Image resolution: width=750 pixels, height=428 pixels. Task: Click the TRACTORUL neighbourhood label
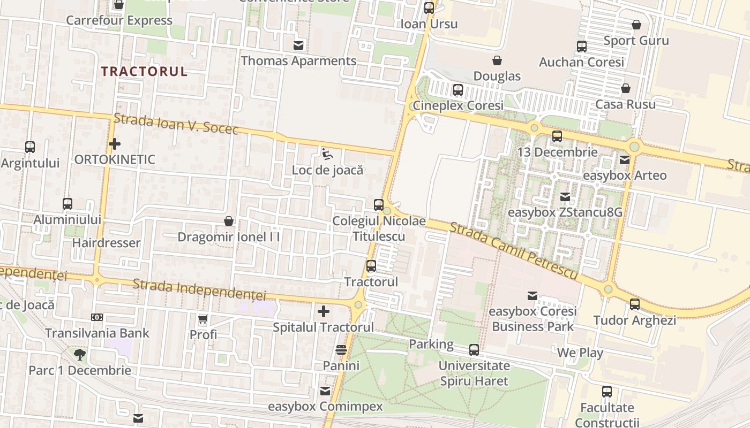click(144, 72)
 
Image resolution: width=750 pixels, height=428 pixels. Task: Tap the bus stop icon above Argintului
click(30, 147)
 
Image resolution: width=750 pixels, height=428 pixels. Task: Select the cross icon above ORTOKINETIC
click(114, 144)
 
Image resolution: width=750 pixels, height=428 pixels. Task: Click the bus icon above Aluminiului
click(67, 203)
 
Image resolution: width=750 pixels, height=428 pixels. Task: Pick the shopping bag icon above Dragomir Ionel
click(229, 221)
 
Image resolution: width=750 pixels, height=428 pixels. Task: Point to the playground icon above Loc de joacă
click(327, 154)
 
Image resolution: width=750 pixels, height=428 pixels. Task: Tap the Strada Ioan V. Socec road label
click(176, 124)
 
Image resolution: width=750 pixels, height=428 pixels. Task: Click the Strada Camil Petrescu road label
click(513, 251)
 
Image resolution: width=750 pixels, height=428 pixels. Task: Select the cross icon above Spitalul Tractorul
click(324, 311)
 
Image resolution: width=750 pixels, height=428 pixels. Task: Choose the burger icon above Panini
click(341, 350)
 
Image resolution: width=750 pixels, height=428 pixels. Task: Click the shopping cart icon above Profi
click(202, 319)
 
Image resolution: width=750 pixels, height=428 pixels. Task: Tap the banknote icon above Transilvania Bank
click(97, 317)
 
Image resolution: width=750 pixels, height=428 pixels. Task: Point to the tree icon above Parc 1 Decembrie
click(80, 354)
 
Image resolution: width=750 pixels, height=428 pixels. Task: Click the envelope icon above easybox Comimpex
click(325, 391)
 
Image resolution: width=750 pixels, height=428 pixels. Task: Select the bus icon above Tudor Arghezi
click(635, 304)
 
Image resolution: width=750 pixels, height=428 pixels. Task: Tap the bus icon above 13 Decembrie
click(557, 136)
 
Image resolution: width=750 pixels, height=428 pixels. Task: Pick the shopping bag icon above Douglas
click(497, 60)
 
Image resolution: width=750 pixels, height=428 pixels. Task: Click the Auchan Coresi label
click(581, 62)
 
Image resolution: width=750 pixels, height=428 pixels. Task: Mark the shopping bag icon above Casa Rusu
click(626, 88)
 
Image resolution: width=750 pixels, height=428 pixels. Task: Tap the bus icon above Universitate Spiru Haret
click(474, 350)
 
